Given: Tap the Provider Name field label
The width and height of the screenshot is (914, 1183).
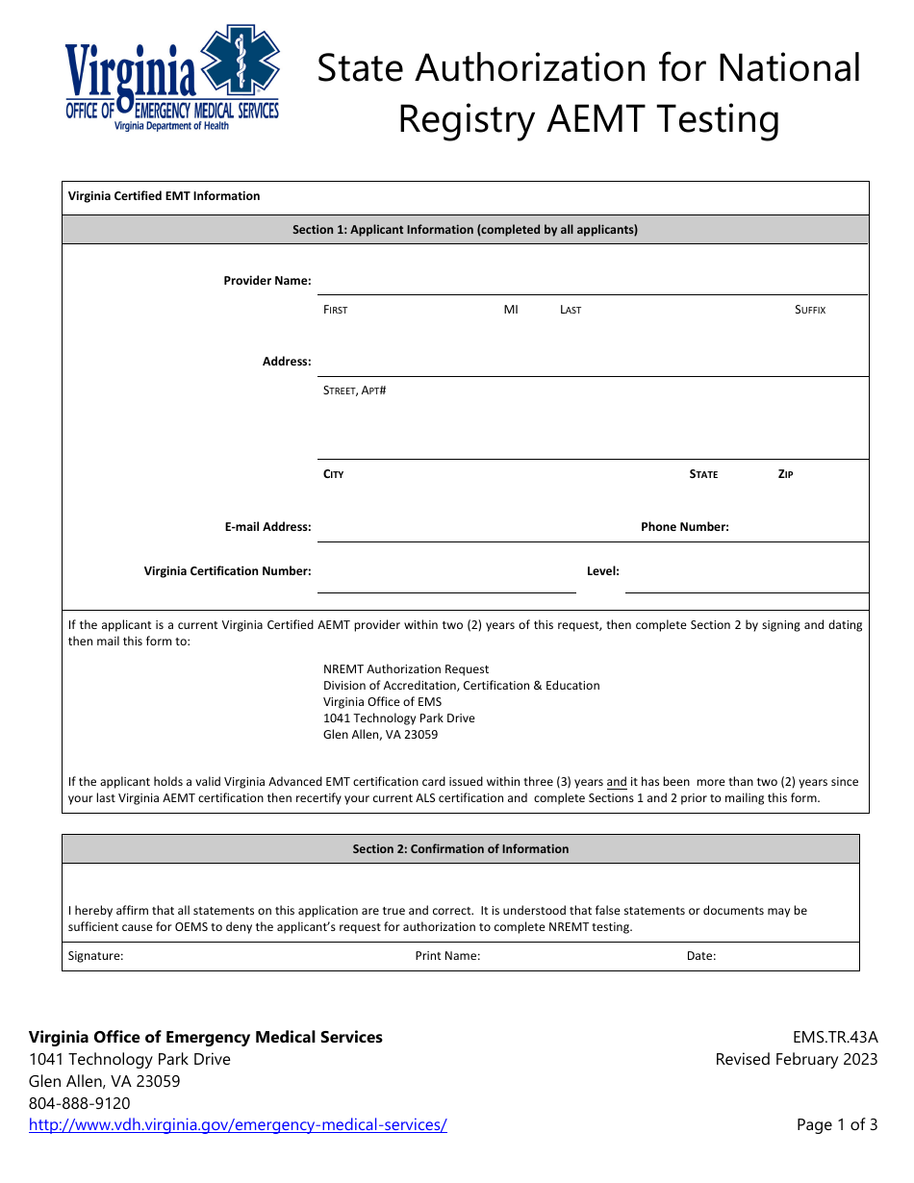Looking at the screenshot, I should click(267, 281).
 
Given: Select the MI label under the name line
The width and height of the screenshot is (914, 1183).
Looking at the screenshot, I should click(511, 310).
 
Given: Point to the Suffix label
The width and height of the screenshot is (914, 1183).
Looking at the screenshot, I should click(810, 310).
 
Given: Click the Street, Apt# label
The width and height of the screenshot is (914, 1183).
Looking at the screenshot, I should click(354, 390).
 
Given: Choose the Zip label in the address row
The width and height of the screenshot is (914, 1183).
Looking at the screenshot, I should click(785, 474).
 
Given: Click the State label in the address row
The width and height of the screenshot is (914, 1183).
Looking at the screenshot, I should click(703, 474).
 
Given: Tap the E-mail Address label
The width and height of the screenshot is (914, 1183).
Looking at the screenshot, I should click(267, 527).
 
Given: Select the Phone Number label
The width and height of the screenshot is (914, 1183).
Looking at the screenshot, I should click(684, 527).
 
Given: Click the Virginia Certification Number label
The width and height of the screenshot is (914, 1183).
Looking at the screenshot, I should click(228, 571).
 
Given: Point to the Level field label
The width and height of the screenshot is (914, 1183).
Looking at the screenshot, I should click(602, 571).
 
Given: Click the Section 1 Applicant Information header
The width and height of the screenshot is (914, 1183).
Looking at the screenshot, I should click(465, 230).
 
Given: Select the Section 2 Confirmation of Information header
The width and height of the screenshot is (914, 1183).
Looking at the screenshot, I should click(460, 849).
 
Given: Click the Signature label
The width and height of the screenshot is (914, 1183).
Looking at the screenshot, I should click(95, 956).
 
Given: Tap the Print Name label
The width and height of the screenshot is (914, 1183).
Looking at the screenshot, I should click(447, 956).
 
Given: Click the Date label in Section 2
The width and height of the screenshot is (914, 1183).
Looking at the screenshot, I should click(700, 956).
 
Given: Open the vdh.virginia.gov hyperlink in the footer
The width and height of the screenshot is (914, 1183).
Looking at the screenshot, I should click(238, 1125).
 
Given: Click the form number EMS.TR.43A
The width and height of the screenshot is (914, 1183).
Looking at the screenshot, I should click(834, 1038).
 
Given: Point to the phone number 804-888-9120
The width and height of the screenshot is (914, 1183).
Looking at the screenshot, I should click(80, 1103).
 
